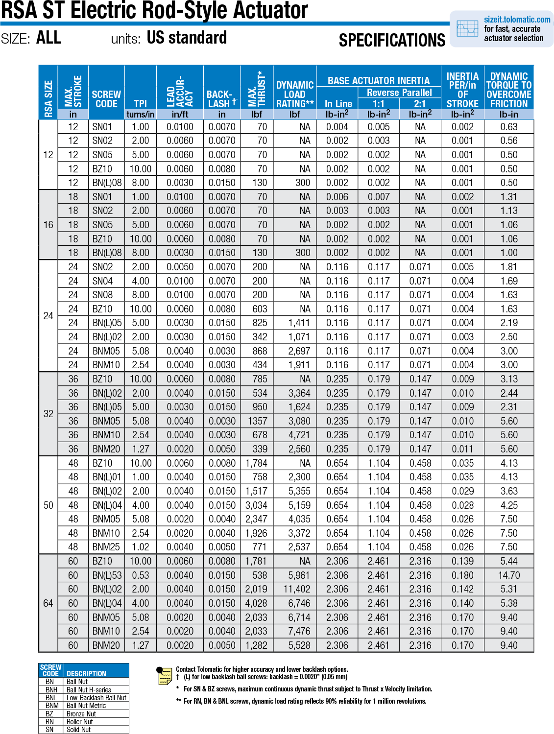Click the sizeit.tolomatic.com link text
[517, 20]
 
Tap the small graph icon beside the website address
[467, 29]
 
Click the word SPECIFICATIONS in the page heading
[392, 40]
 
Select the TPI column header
[140, 103]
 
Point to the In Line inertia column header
[338, 103]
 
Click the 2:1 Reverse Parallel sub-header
[420, 103]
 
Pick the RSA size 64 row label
[48, 603]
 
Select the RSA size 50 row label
[48, 505]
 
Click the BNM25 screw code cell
[106, 547]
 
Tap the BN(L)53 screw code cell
[107, 575]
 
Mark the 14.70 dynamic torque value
[509, 575]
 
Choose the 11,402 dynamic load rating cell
[296, 589]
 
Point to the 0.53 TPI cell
[141, 575]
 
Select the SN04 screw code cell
[102, 281]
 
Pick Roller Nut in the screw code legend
[80, 722]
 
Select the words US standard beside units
[187, 38]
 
